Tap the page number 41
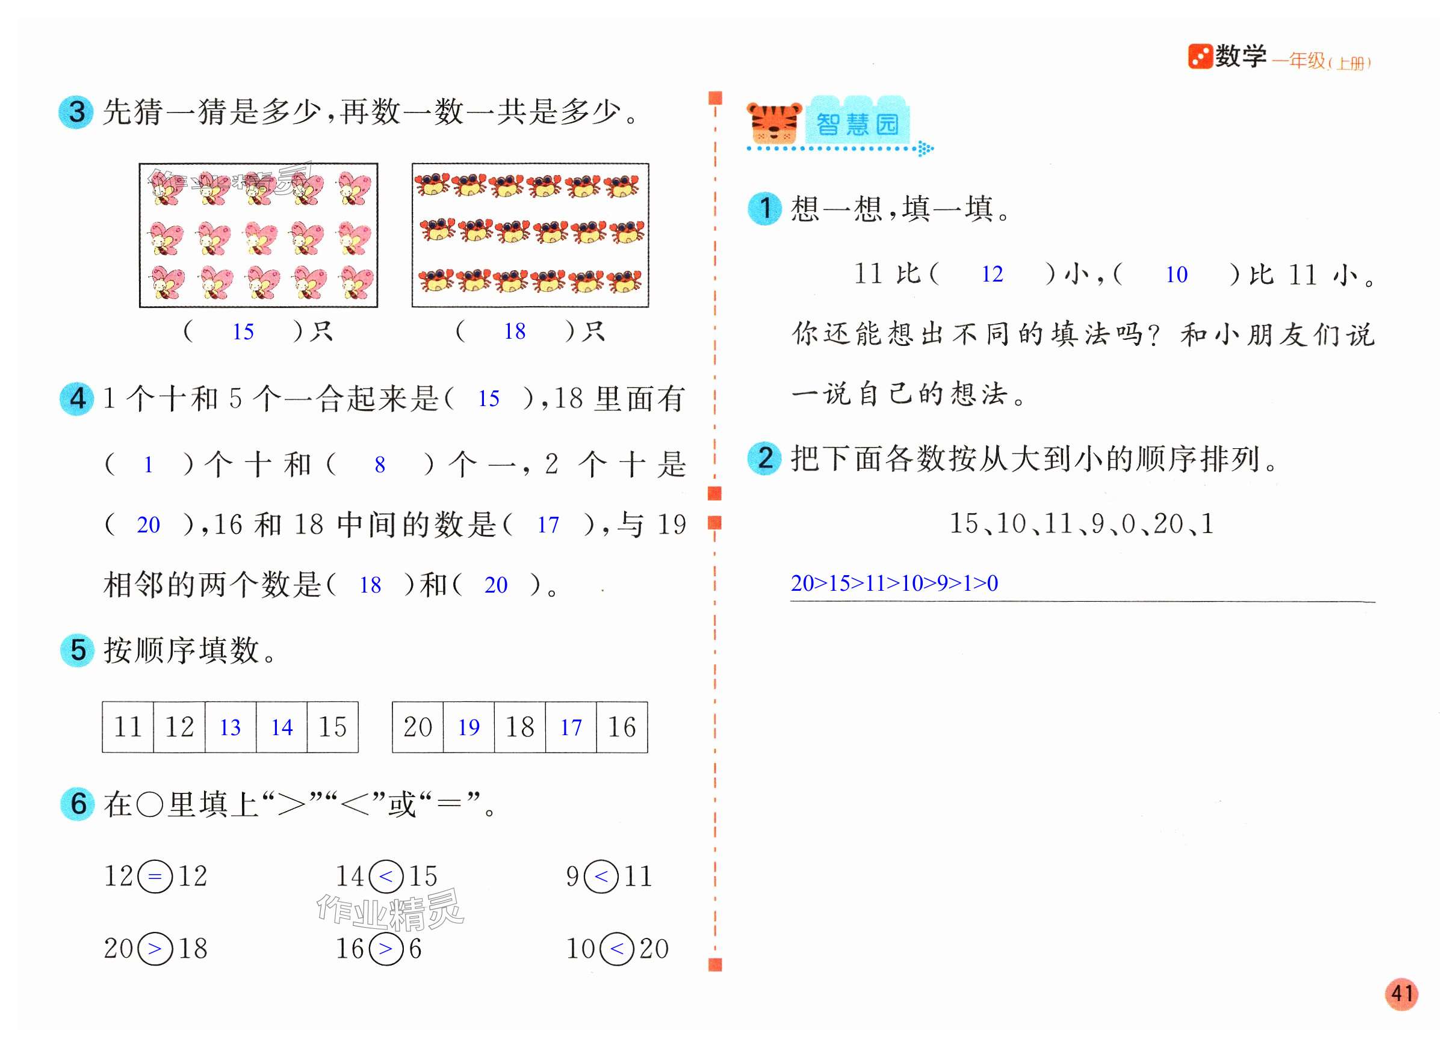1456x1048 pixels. click(1401, 994)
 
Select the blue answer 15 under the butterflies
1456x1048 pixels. click(243, 332)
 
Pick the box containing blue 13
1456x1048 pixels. click(231, 727)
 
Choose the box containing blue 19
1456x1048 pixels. click(469, 727)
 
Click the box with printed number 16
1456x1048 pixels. click(621, 727)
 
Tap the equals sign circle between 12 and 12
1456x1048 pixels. click(155, 877)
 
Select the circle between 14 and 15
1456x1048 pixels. click(386, 877)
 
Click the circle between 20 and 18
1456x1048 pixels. click(155, 949)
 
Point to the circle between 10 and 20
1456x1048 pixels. click(617, 949)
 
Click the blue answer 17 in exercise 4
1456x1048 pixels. click(548, 525)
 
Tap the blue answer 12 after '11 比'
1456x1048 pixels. click(992, 275)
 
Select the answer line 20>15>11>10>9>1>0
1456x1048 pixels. click(894, 584)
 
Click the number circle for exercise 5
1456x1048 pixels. click(78, 650)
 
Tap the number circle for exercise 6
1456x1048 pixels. click(78, 804)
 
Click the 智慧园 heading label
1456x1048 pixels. click(857, 123)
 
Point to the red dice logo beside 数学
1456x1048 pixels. click(1199, 57)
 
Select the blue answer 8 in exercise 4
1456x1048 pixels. click(380, 464)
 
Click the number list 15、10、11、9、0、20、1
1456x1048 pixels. click(1081, 523)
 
